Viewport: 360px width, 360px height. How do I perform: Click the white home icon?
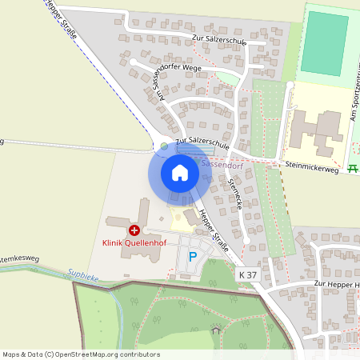(x=180, y=172)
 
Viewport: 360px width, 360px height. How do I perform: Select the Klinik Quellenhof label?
(x=134, y=242)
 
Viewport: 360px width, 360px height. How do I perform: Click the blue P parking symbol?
(x=192, y=257)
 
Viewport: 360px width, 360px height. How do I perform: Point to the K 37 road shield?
(x=248, y=274)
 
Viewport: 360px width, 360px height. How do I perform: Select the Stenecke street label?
(x=235, y=193)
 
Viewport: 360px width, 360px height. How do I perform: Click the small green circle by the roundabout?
(x=164, y=146)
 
